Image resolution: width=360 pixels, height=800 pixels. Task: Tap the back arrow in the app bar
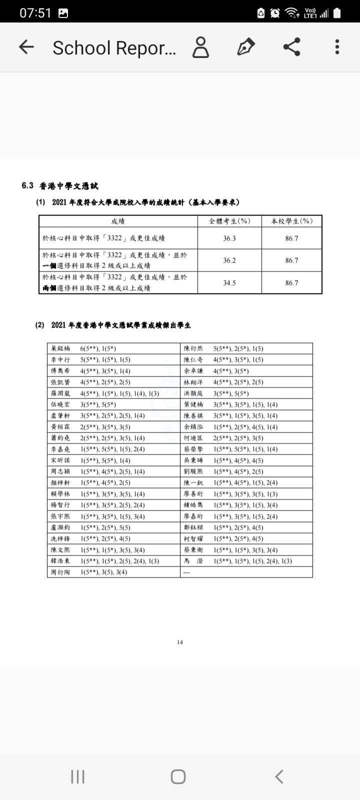(26, 47)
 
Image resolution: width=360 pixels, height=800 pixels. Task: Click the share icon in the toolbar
(291, 47)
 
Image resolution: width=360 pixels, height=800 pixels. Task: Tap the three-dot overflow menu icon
(337, 47)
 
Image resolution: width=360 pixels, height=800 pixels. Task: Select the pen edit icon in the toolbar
(245, 47)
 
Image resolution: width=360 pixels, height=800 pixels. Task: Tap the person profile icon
(200, 47)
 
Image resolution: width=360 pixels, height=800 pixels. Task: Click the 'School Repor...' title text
(114, 48)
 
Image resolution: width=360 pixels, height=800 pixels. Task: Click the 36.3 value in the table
(229, 238)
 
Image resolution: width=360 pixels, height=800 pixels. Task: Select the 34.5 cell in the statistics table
(229, 283)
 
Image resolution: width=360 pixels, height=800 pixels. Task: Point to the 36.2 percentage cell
(229, 260)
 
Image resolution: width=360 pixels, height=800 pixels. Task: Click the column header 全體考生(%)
(229, 221)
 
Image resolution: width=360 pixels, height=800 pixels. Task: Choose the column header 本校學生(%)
(291, 221)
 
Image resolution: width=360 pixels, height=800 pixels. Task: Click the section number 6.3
(27, 185)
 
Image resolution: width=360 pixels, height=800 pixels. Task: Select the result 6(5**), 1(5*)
(98, 348)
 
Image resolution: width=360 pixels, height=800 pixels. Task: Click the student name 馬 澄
(193, 561)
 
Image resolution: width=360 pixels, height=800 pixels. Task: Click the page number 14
(180, 642)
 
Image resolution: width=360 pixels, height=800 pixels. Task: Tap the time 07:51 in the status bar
(35, 13)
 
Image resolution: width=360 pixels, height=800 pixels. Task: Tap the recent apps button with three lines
(77, 776)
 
